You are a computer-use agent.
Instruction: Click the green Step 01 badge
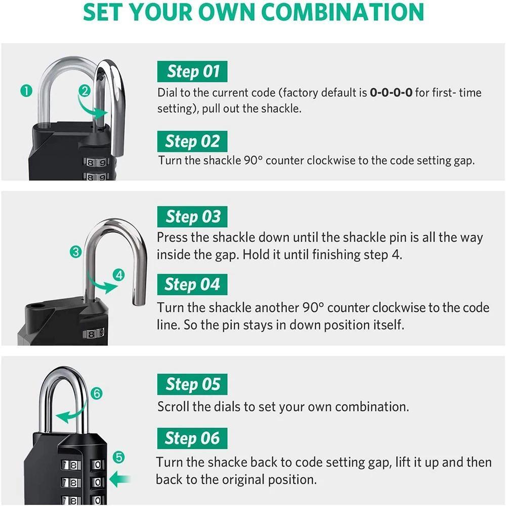(192, 71)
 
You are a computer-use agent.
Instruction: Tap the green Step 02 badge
(192, 141)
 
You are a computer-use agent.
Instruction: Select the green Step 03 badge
(192, 217)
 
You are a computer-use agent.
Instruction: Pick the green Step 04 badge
(192, 284)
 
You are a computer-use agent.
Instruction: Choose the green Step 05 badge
(192, 385)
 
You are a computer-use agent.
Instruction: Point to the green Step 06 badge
(192, 438)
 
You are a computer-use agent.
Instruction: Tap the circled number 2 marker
(85, 91)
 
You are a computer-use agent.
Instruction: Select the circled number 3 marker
(76, 251)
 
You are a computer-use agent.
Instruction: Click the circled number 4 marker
(119, 275)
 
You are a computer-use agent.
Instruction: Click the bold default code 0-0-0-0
(391, 93)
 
